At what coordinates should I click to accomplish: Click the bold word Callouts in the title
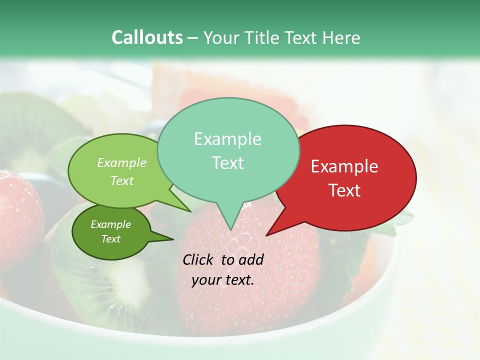pyautogui.click(x=147, y=37)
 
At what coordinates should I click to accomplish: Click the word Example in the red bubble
pyautogui.click(x=344, y=166)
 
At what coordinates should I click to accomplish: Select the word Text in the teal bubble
pyautogui.click(x=228, y=163)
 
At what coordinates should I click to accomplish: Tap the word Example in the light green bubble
pyautogui.click(x=122, y=162)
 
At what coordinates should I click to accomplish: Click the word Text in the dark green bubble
pyautogui.click(x=111, y=239)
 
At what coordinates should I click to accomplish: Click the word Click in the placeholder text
pyautogui.click(x=199, y=259)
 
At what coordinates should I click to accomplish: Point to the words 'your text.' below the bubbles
pyautogui.click(x=223, y=280)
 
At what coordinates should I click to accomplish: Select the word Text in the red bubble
pyautogui.click(x=345, y=190)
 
